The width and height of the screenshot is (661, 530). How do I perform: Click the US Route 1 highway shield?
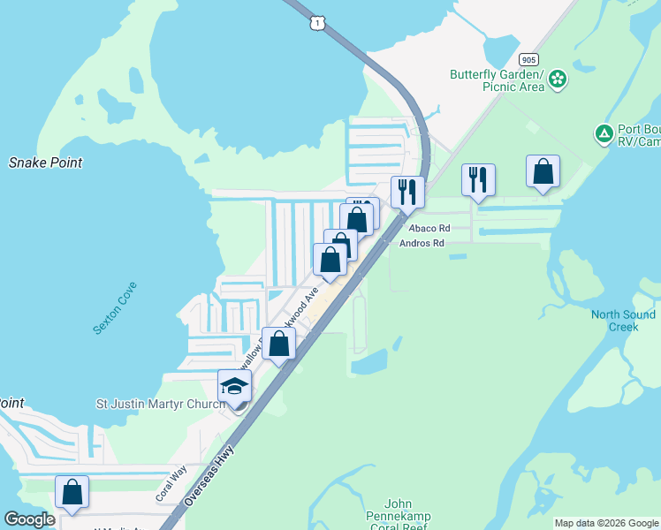(315, 22)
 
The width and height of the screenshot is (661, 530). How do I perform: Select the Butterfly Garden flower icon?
(558, 80)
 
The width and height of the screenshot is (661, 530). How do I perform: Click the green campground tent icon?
(604, 134)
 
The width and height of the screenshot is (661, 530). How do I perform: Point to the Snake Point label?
(46, 163)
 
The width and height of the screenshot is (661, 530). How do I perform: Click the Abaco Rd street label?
(429, 228)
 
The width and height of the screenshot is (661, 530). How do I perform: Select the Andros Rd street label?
(422, 243)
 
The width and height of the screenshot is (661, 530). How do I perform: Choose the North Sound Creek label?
(623, 321)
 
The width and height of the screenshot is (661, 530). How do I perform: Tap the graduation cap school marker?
(235, 388)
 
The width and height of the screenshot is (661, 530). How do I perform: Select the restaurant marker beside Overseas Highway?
(407, 192)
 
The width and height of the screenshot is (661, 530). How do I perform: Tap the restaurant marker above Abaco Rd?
(478, 180)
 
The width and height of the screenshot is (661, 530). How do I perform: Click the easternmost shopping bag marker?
(543, 172)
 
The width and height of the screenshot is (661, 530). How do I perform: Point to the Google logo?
(29, 519)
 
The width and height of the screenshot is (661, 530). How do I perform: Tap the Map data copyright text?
(606, 523)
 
